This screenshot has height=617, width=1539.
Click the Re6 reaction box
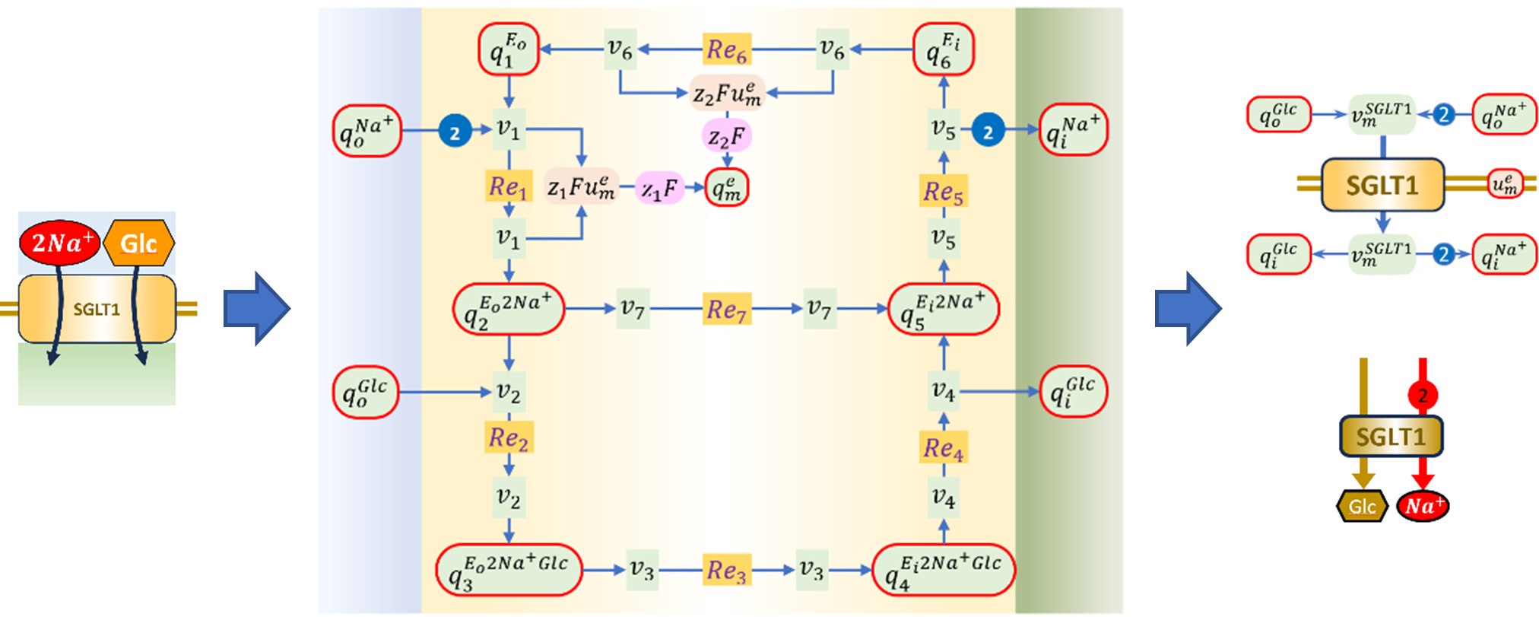tap(727, 49)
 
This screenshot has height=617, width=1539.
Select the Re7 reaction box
tap(727, 309)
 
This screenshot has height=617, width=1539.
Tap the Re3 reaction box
tap(727, 570)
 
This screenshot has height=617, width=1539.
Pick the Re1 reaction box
tap(509, 186)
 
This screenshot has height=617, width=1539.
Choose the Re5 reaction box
tap(944, 192)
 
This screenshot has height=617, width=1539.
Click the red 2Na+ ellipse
tap(60, 243)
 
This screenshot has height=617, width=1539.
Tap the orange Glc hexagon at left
tap(138, 243)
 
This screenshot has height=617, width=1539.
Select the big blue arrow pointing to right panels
tap(1188, 309)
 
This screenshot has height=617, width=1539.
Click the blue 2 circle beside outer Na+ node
tap(455, 132)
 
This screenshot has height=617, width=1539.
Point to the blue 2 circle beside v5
tap(988, 131)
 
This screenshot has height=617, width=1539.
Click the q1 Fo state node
tap(509, 49)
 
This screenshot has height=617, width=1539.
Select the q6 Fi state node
tap(944, 49)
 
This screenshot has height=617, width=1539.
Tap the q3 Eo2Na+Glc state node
tap(509, 570)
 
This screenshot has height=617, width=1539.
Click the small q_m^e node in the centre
tap(727, 187)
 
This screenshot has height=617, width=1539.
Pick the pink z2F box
tap(727, 137)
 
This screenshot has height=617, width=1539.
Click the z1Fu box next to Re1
tap(582, 187)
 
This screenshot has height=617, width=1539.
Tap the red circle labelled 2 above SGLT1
tap(1423, 395)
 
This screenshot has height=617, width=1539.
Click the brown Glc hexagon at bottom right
tap(1362, 506)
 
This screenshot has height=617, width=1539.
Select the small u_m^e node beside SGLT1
tap(1506, 183)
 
